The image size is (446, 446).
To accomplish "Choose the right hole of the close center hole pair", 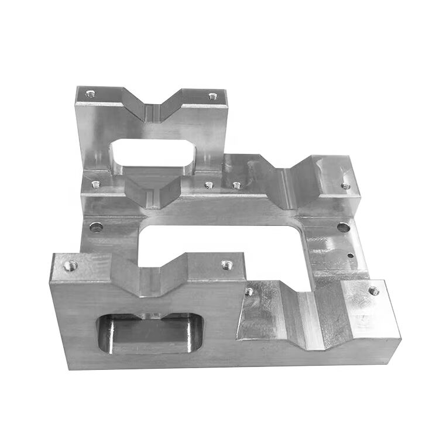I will tap(236, 186).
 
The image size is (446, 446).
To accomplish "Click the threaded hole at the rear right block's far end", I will tap(346, 186).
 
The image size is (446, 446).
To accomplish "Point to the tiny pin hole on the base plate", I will tap(349, 255).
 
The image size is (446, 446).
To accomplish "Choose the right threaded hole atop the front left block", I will tap(225, 265).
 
